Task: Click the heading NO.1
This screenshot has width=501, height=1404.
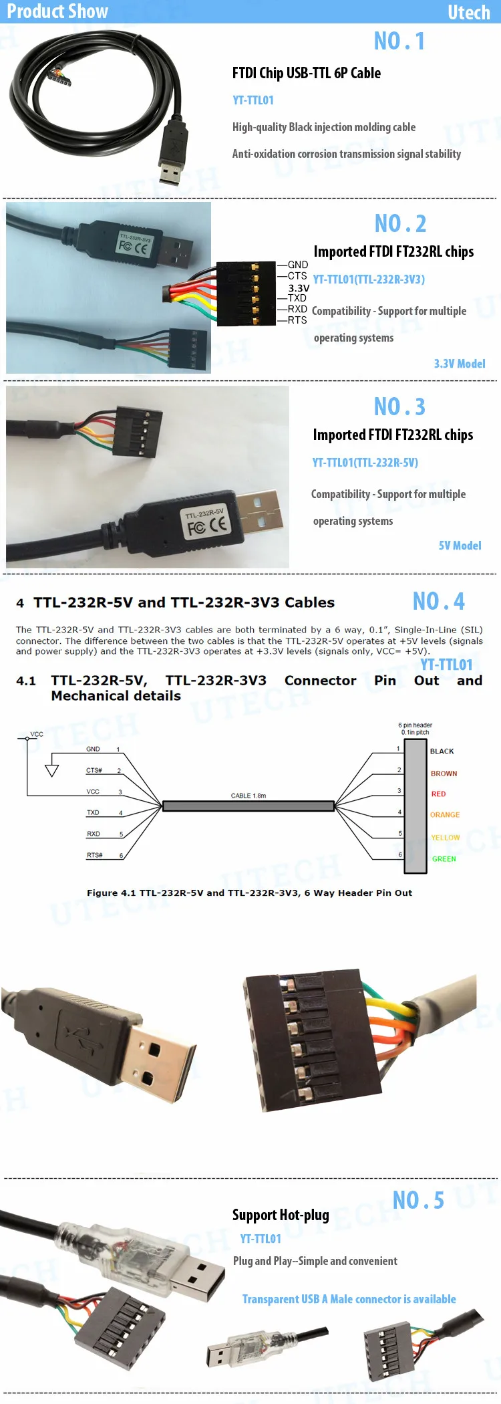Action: pos(399,41)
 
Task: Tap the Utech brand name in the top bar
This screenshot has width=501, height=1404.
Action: pos(468,12)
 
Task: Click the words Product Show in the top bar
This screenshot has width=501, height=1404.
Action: pos(57,11)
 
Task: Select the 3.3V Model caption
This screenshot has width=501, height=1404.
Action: pos(460,364)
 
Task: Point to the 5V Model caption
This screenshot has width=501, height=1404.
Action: pos(460,546)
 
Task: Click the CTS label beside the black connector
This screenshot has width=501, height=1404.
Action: pos(297,276)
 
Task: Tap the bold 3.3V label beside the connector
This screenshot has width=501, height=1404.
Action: pos(299,288)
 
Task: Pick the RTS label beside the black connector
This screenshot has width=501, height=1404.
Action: pos(297,320)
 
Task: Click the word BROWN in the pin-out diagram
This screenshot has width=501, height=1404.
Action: pos(444,774)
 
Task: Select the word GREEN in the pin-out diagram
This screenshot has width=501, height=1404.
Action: pos(444,859)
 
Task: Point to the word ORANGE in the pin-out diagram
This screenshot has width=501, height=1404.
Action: pos(445,815)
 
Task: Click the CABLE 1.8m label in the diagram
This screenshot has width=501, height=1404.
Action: pos(248,796)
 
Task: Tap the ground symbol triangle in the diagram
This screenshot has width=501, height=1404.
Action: pos(51,770)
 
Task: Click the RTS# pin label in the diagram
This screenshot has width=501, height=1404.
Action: pos(95,855)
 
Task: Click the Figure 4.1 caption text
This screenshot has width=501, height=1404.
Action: pos(249,893)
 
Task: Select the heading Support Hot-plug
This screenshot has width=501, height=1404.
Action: pos(281,1215)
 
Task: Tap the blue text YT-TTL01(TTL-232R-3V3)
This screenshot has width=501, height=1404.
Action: pos(369,279)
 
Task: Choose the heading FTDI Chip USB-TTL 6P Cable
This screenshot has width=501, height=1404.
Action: pos(307,73)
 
